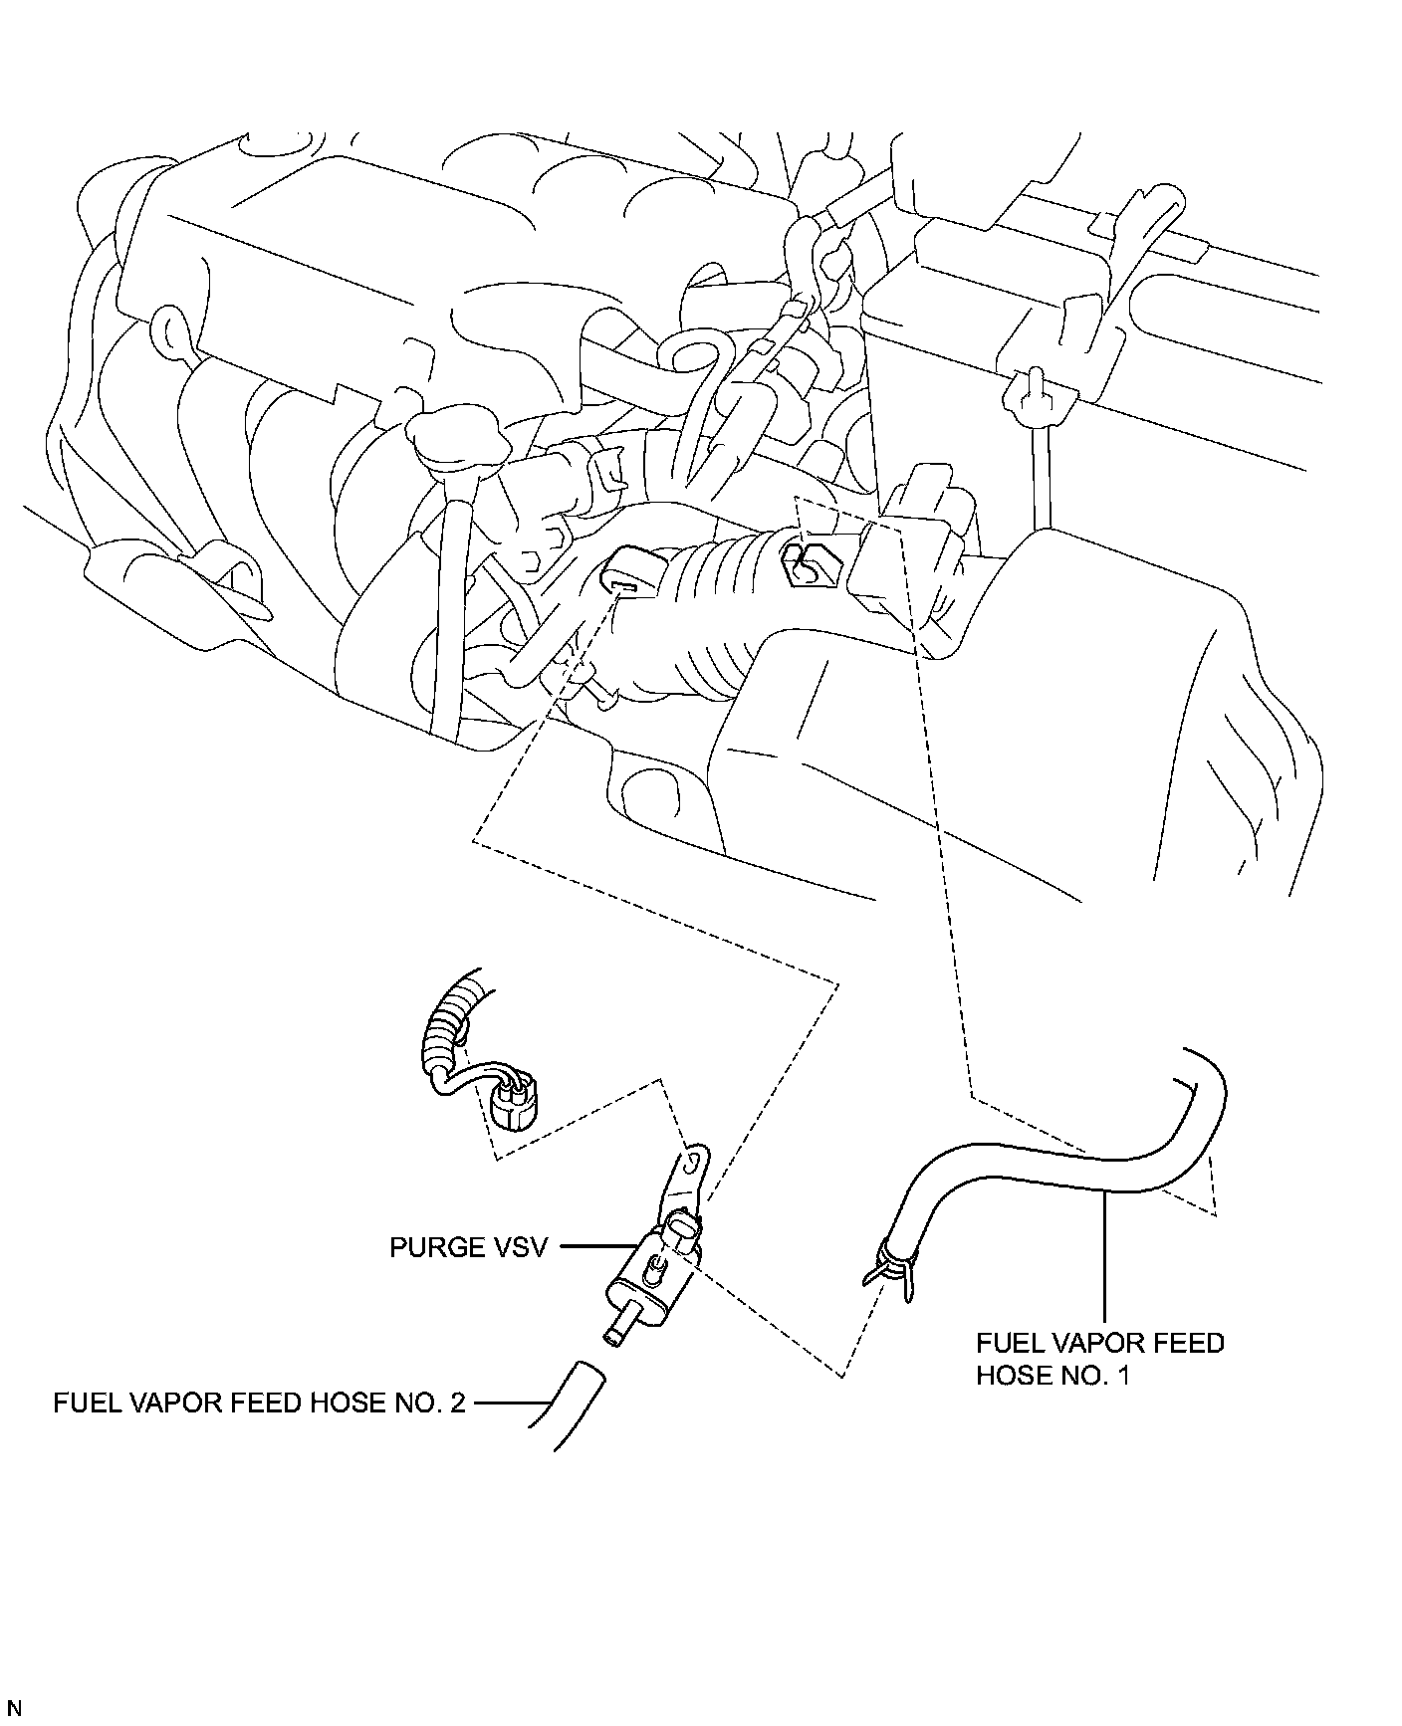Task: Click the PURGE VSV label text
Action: click(468, 1247)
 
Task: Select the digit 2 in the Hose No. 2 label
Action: click(457, 1402)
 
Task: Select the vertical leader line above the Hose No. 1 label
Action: click(1104, 1254)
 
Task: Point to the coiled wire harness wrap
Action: click(447, 1025)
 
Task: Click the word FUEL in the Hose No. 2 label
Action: click(82, 1402)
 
